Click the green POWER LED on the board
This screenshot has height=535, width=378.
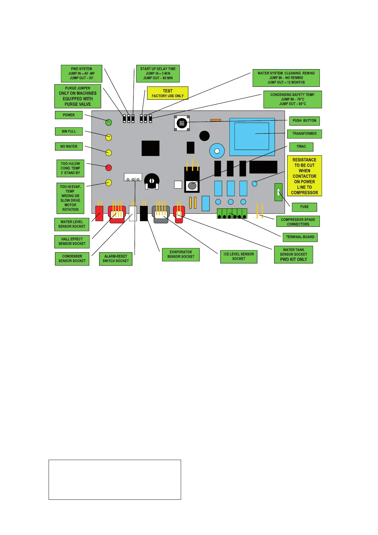(109, 122)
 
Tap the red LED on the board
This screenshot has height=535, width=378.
(109, 167)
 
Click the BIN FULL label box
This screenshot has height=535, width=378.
(69, 131)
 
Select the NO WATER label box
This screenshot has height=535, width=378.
(69, 146)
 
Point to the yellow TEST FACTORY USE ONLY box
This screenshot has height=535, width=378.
(167, 93)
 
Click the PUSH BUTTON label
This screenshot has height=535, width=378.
(304, 121)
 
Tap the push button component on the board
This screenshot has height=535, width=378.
(182, 123)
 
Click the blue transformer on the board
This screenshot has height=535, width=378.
(252, 137)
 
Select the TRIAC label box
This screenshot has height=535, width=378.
(301, 146)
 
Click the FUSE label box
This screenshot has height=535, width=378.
(304, 207)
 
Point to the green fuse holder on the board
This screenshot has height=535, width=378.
(278, 192)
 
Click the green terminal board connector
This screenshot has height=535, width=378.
(232, 214)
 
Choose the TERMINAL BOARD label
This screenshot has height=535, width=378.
(300, 237)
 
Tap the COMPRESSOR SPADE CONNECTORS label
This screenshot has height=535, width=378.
(298, 222)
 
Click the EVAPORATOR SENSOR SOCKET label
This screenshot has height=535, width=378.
(181, 254)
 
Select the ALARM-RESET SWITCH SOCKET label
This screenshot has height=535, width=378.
(116, 259)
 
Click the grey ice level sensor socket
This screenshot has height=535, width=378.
(161, 214)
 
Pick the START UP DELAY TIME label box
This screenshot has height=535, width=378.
(158, 73)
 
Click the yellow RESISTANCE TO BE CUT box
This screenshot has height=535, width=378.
(304, 176)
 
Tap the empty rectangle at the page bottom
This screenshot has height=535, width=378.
(115, 479)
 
